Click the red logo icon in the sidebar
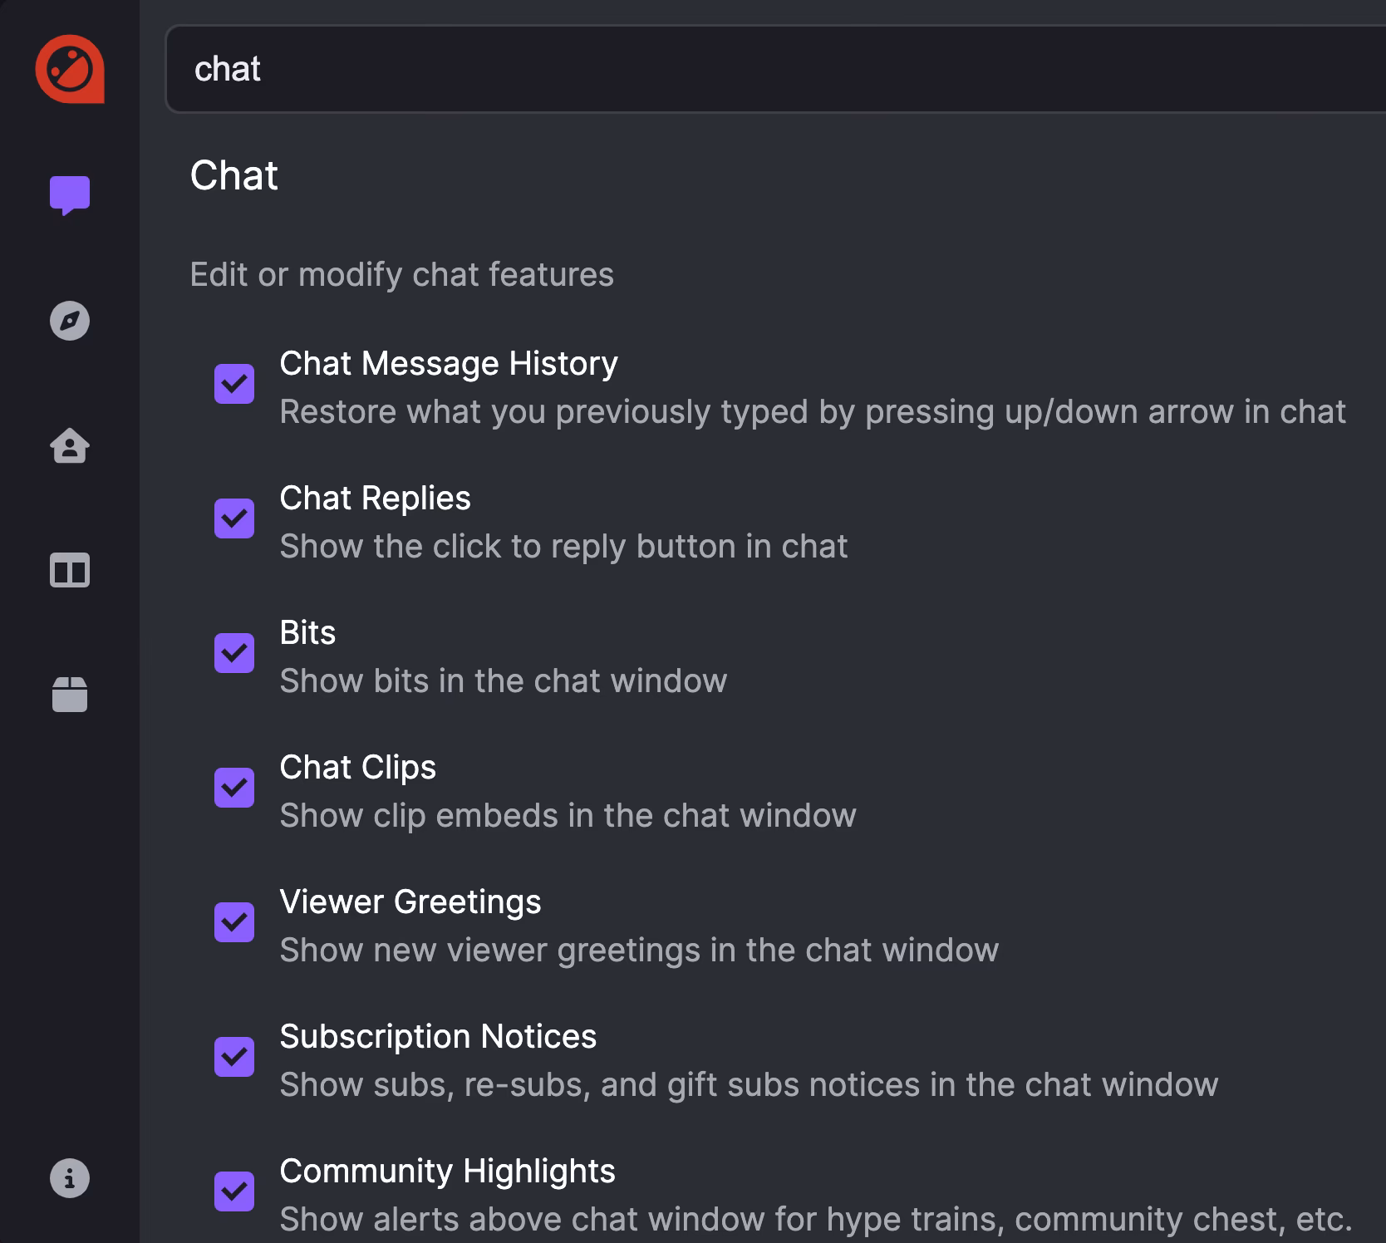coord(70,69)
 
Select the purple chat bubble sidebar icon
coord(70,195)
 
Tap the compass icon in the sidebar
coord(70,321)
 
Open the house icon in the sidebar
coord(70,445)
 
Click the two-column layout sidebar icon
coord(70,571)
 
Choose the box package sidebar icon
coord(70,695)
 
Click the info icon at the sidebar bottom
coord(70,1178)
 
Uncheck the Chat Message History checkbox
coord(234,384)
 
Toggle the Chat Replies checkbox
coord(234,518)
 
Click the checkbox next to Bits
coord(234,653)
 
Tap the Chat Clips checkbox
coord(234,788)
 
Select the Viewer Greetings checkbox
coord(234,922)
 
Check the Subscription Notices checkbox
coord(234,1057)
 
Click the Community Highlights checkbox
coord(234,1191)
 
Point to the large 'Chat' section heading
coord(234,175)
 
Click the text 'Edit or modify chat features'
coord(401,274)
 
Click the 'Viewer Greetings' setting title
coord(410,902)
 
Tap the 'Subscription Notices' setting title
coord(438,1036)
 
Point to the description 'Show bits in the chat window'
coord(503,680)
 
